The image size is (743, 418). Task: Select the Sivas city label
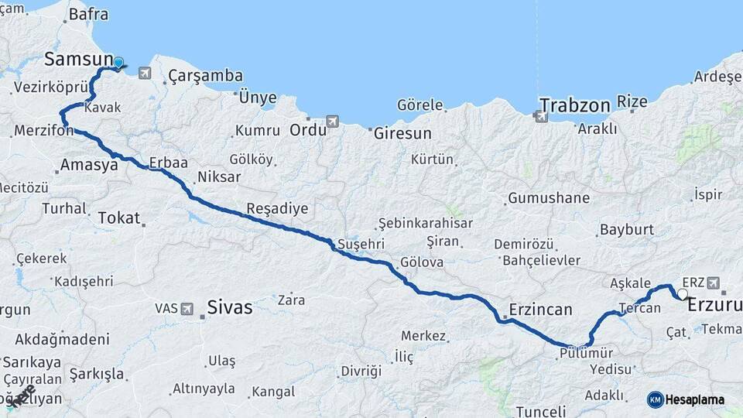click(x=230, y=307)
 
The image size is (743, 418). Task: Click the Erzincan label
click(x=540, y=310)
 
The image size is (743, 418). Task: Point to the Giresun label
click(x=402, y=133)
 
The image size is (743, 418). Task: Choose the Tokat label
click(x=118, y=218)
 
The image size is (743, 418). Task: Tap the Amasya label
click(x=84, y=164)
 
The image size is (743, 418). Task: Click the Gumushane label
click(x=549, y=198)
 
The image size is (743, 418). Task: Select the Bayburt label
click(x=627, y=230)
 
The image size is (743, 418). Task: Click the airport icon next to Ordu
click(x=333, y=122)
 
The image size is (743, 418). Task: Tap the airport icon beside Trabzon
click(x=539, y=116)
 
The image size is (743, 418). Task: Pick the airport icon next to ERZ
click(x=713, y=283)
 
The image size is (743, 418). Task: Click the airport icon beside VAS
click(x=187, y=308)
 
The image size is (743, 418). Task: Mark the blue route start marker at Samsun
click(x=118, y=63)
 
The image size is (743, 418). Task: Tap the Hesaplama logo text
click(x=695, y=399)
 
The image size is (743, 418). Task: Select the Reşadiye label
click(x=277, y=208)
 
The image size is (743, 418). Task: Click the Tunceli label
click(x=542, y=410)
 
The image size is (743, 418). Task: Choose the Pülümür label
click(x=584, y=352)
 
